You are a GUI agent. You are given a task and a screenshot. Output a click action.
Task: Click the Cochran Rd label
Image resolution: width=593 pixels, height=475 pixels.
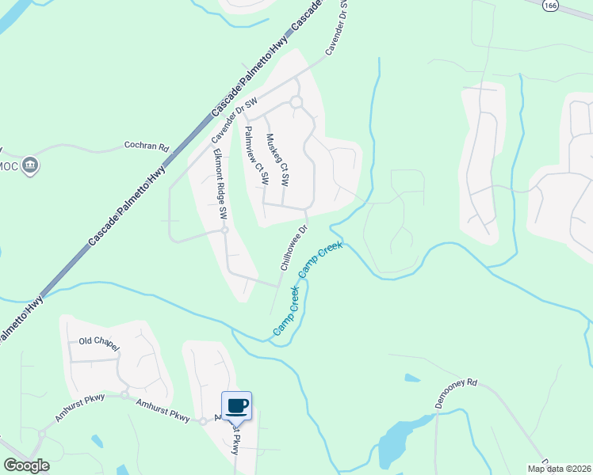coord(147,146)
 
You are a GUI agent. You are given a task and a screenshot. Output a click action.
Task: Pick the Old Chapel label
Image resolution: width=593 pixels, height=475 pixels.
coord(99,341)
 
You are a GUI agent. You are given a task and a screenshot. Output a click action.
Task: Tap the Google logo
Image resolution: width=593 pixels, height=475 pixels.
coord(25,465)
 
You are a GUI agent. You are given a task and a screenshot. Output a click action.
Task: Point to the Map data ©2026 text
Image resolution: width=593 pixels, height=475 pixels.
coord(558,469)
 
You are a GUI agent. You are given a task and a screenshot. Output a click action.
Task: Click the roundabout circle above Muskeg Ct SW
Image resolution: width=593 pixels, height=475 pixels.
coord(296,102)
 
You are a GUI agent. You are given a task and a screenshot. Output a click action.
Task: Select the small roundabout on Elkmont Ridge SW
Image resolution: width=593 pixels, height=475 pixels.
coord(224,230)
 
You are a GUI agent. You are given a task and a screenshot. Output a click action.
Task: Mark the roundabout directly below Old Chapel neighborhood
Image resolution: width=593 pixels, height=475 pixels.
coord(124,394)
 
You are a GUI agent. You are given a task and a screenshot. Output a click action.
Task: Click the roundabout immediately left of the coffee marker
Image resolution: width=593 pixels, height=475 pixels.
coord(203,421)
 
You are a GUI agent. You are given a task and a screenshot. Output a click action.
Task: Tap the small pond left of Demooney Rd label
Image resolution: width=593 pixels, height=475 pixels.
coord(412,378)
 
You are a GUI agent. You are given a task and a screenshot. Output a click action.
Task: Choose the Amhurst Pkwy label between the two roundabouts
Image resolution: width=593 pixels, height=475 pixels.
coord(163,411)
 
